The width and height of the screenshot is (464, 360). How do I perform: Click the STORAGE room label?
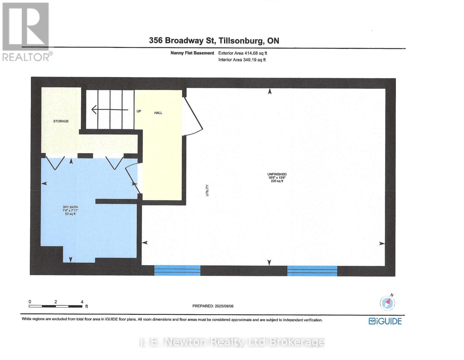coord(61,121)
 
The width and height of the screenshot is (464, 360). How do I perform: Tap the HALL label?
coord(158,113)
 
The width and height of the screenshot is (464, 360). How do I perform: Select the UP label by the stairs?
coord(139,111)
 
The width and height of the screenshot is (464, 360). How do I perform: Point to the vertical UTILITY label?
coord(207,190)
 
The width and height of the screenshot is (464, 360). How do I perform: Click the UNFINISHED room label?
coord(277,174)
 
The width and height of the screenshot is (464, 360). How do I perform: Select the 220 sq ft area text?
coord(277,181)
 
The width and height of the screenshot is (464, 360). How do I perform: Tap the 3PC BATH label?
coord(70,207)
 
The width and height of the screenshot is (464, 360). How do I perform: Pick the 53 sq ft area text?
coord(70,214)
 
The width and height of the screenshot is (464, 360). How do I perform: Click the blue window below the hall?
coord(177,270)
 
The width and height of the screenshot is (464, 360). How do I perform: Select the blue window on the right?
coord(312,271)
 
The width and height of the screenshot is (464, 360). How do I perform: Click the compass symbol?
coord(387,302)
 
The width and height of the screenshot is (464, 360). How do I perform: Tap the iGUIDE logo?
coord(385,321)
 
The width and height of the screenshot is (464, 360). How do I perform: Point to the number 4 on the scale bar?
coord(82,302)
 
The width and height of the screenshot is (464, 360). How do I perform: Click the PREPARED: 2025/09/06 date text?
coord(213,306)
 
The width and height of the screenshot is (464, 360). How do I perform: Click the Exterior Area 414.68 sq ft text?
coord(242,53)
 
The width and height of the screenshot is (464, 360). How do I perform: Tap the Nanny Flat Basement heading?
coord(192,53)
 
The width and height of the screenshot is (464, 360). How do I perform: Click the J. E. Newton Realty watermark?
coord(232,342)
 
